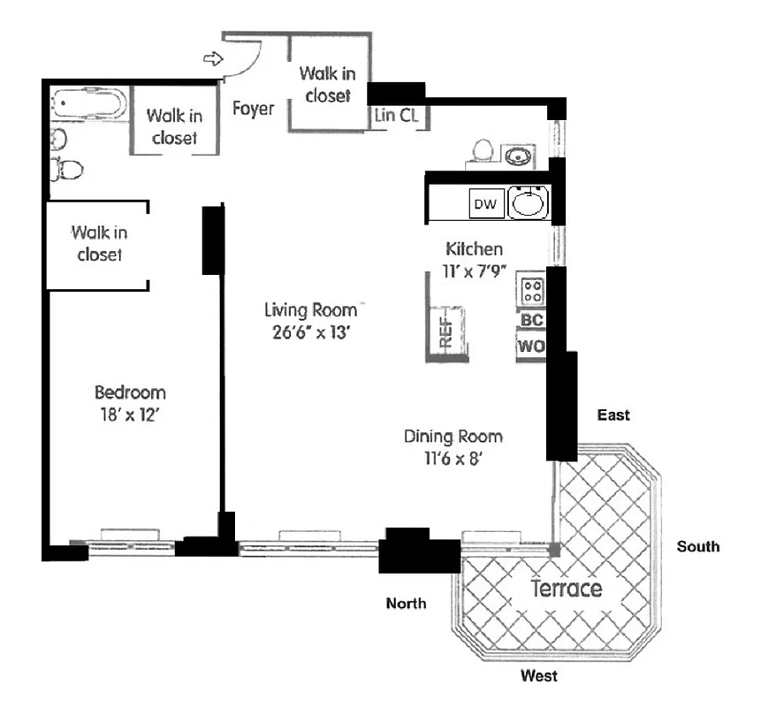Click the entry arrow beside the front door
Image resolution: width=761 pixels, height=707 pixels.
(213, 59)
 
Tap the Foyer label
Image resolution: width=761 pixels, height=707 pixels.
(253, 109)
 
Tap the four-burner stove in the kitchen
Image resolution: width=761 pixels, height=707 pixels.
(532, 289)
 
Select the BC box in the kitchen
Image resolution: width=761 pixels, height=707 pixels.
(531, 320)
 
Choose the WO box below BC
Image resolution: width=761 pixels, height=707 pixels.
(531, 346)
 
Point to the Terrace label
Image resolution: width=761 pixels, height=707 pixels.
(566, 589)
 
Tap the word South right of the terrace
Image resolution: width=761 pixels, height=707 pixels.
(698, 546)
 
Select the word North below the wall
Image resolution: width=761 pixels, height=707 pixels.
(407, 604)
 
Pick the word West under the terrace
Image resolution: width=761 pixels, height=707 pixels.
(538, 676)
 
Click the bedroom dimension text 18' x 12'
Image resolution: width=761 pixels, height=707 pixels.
(130, 415)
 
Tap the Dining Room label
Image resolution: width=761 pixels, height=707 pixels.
(453, 437)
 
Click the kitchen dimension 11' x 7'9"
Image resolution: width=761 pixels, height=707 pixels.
(474, 271)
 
